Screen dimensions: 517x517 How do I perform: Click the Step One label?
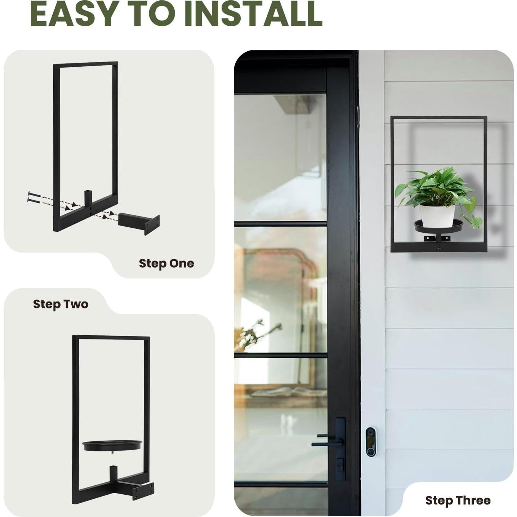click(x=166, y=263)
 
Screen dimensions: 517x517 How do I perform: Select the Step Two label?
click(x=61, y=304)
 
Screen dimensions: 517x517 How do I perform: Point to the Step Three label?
click(x=458, y=500)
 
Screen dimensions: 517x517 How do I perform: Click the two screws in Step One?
click(x=34, y=196)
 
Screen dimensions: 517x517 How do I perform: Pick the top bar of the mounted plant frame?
click(x=438, y=117)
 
